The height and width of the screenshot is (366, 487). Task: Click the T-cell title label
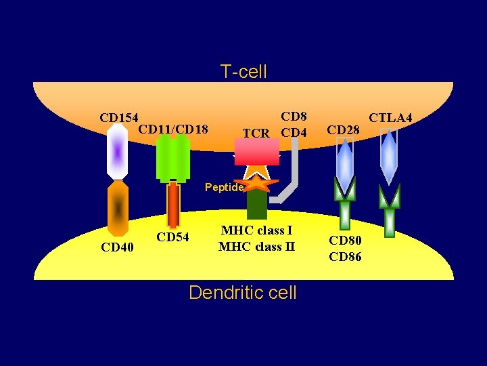point(243,71)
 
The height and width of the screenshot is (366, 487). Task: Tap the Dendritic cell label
point(243,292)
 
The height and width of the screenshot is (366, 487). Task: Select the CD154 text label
point(118,118)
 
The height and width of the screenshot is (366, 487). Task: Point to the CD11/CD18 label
point(172,129)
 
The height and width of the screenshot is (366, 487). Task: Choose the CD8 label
point(294,117)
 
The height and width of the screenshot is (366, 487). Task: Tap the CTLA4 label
point(390,118)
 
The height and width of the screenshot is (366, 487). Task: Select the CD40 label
point(117,247)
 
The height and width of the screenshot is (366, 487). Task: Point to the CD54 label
point(172,237)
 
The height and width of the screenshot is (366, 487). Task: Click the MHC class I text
point(256,230)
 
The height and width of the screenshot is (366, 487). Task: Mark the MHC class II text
point(256,246)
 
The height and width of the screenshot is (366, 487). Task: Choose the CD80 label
point(345,240)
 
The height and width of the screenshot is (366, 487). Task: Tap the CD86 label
point(345,256)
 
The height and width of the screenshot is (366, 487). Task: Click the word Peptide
point(224,187)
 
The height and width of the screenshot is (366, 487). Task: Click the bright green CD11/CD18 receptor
point(172,159)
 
